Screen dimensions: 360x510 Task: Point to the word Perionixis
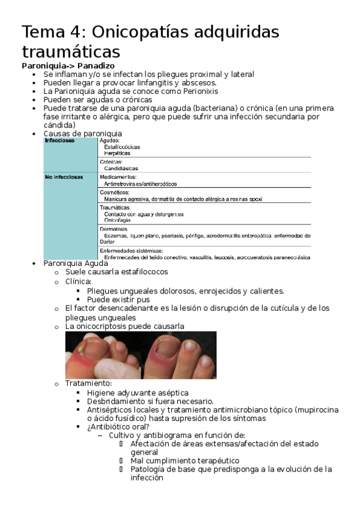pyautogui.click(x=197, y=91)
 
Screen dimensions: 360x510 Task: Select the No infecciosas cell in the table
pyautogui.click(x=64, y=177)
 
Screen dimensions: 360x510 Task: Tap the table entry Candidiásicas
pyautogui.click(x=121, y=169)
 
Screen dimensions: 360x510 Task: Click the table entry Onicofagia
pyautogui.click(x=117, y=221)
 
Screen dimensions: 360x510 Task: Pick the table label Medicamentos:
pyautogui.click(x=118, y=177)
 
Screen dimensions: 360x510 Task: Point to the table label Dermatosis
pyautogui.click(x=114, y=229)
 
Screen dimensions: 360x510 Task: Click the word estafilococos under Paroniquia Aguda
pyautogui.click(x=142, y=272)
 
